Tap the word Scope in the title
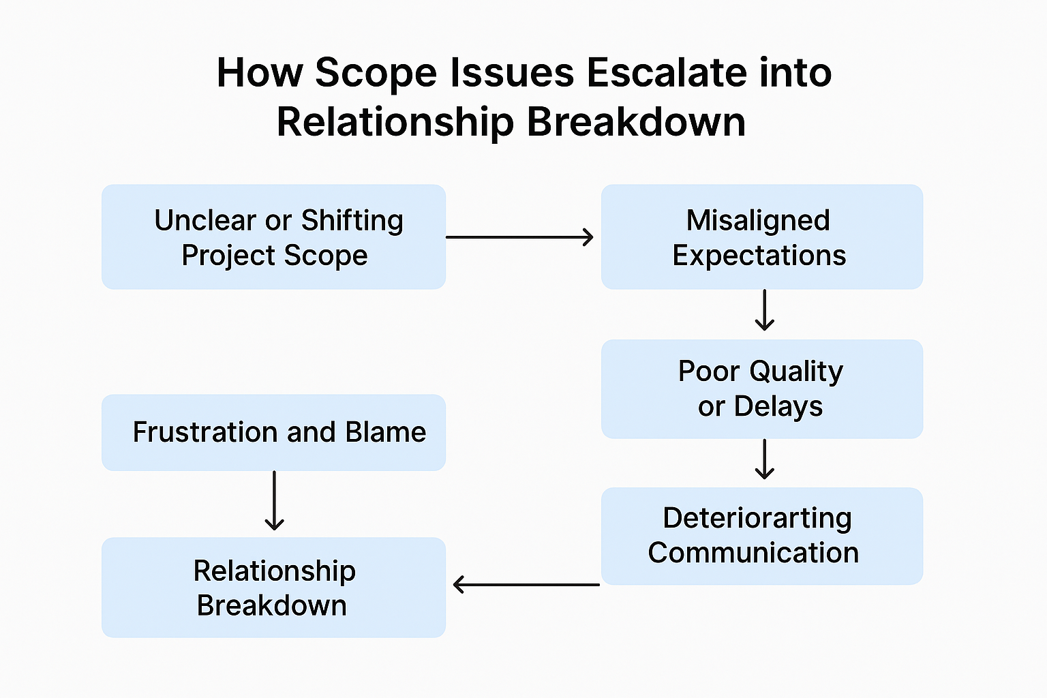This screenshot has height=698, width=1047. tap(375, 72)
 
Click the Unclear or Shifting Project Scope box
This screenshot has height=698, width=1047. tap(273, 237)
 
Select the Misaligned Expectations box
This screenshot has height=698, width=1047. tap(761, 237)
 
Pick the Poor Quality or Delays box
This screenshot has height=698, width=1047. tap(761, 389)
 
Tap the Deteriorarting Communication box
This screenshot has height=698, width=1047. tap(761, 536)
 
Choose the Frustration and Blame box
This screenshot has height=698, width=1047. tap(273, 432)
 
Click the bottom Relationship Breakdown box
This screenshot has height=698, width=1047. tap(273, 588)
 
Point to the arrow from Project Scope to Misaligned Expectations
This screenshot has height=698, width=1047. tap(519, 237)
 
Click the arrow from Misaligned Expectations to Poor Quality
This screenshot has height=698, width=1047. tap(765, 311)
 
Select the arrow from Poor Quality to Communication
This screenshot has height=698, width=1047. tap(765, 459)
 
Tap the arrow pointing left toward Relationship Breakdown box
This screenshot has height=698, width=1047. tap(526, 584)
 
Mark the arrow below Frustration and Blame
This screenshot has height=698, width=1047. tap(274, 501)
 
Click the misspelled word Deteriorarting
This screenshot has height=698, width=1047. tap(757, 518)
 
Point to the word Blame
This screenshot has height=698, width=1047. tap(385, 432)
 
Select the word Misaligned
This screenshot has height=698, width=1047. tap(758, 220)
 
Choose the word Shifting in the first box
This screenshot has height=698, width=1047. tap(352, 220)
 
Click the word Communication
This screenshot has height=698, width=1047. tap(753, 553)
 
